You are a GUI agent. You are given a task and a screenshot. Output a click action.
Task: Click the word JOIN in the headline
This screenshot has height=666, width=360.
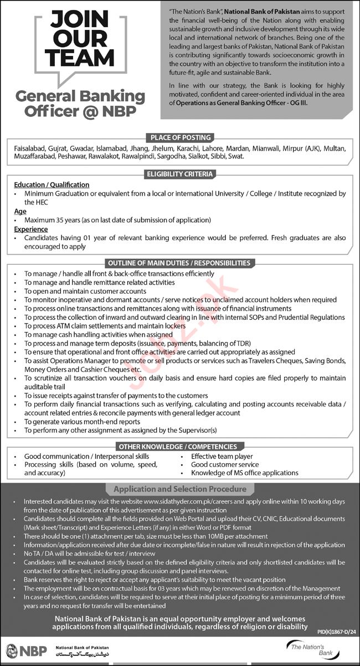point(80,20)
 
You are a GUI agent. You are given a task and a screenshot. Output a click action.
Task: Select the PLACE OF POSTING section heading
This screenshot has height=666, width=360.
point(181,137)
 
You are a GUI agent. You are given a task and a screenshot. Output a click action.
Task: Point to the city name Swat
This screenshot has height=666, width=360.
point(234,157)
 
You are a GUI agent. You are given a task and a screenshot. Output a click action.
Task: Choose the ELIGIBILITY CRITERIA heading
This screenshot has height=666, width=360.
point(181,174)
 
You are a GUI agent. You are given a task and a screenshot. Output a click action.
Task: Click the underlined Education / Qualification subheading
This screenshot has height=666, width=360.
point(52,185)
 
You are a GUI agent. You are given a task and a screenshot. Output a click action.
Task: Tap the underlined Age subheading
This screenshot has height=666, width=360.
point(20,211)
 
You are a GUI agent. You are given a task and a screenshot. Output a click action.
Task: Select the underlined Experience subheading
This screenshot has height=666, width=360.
point(31,229)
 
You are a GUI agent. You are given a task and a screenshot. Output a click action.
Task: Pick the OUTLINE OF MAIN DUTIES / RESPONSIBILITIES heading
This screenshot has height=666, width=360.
point(181,263)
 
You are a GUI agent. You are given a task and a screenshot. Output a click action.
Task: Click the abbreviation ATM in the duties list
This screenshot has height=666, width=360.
point(65,326)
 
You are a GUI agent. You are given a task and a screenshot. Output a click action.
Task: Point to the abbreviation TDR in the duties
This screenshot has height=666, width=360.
point(240,344)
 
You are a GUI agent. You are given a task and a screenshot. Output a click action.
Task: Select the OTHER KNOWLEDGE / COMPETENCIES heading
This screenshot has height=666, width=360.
point(181,446)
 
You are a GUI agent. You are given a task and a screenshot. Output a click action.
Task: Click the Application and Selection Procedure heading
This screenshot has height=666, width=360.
point(180,489)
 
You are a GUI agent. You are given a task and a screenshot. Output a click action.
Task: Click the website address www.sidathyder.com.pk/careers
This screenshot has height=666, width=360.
point(193,501)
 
